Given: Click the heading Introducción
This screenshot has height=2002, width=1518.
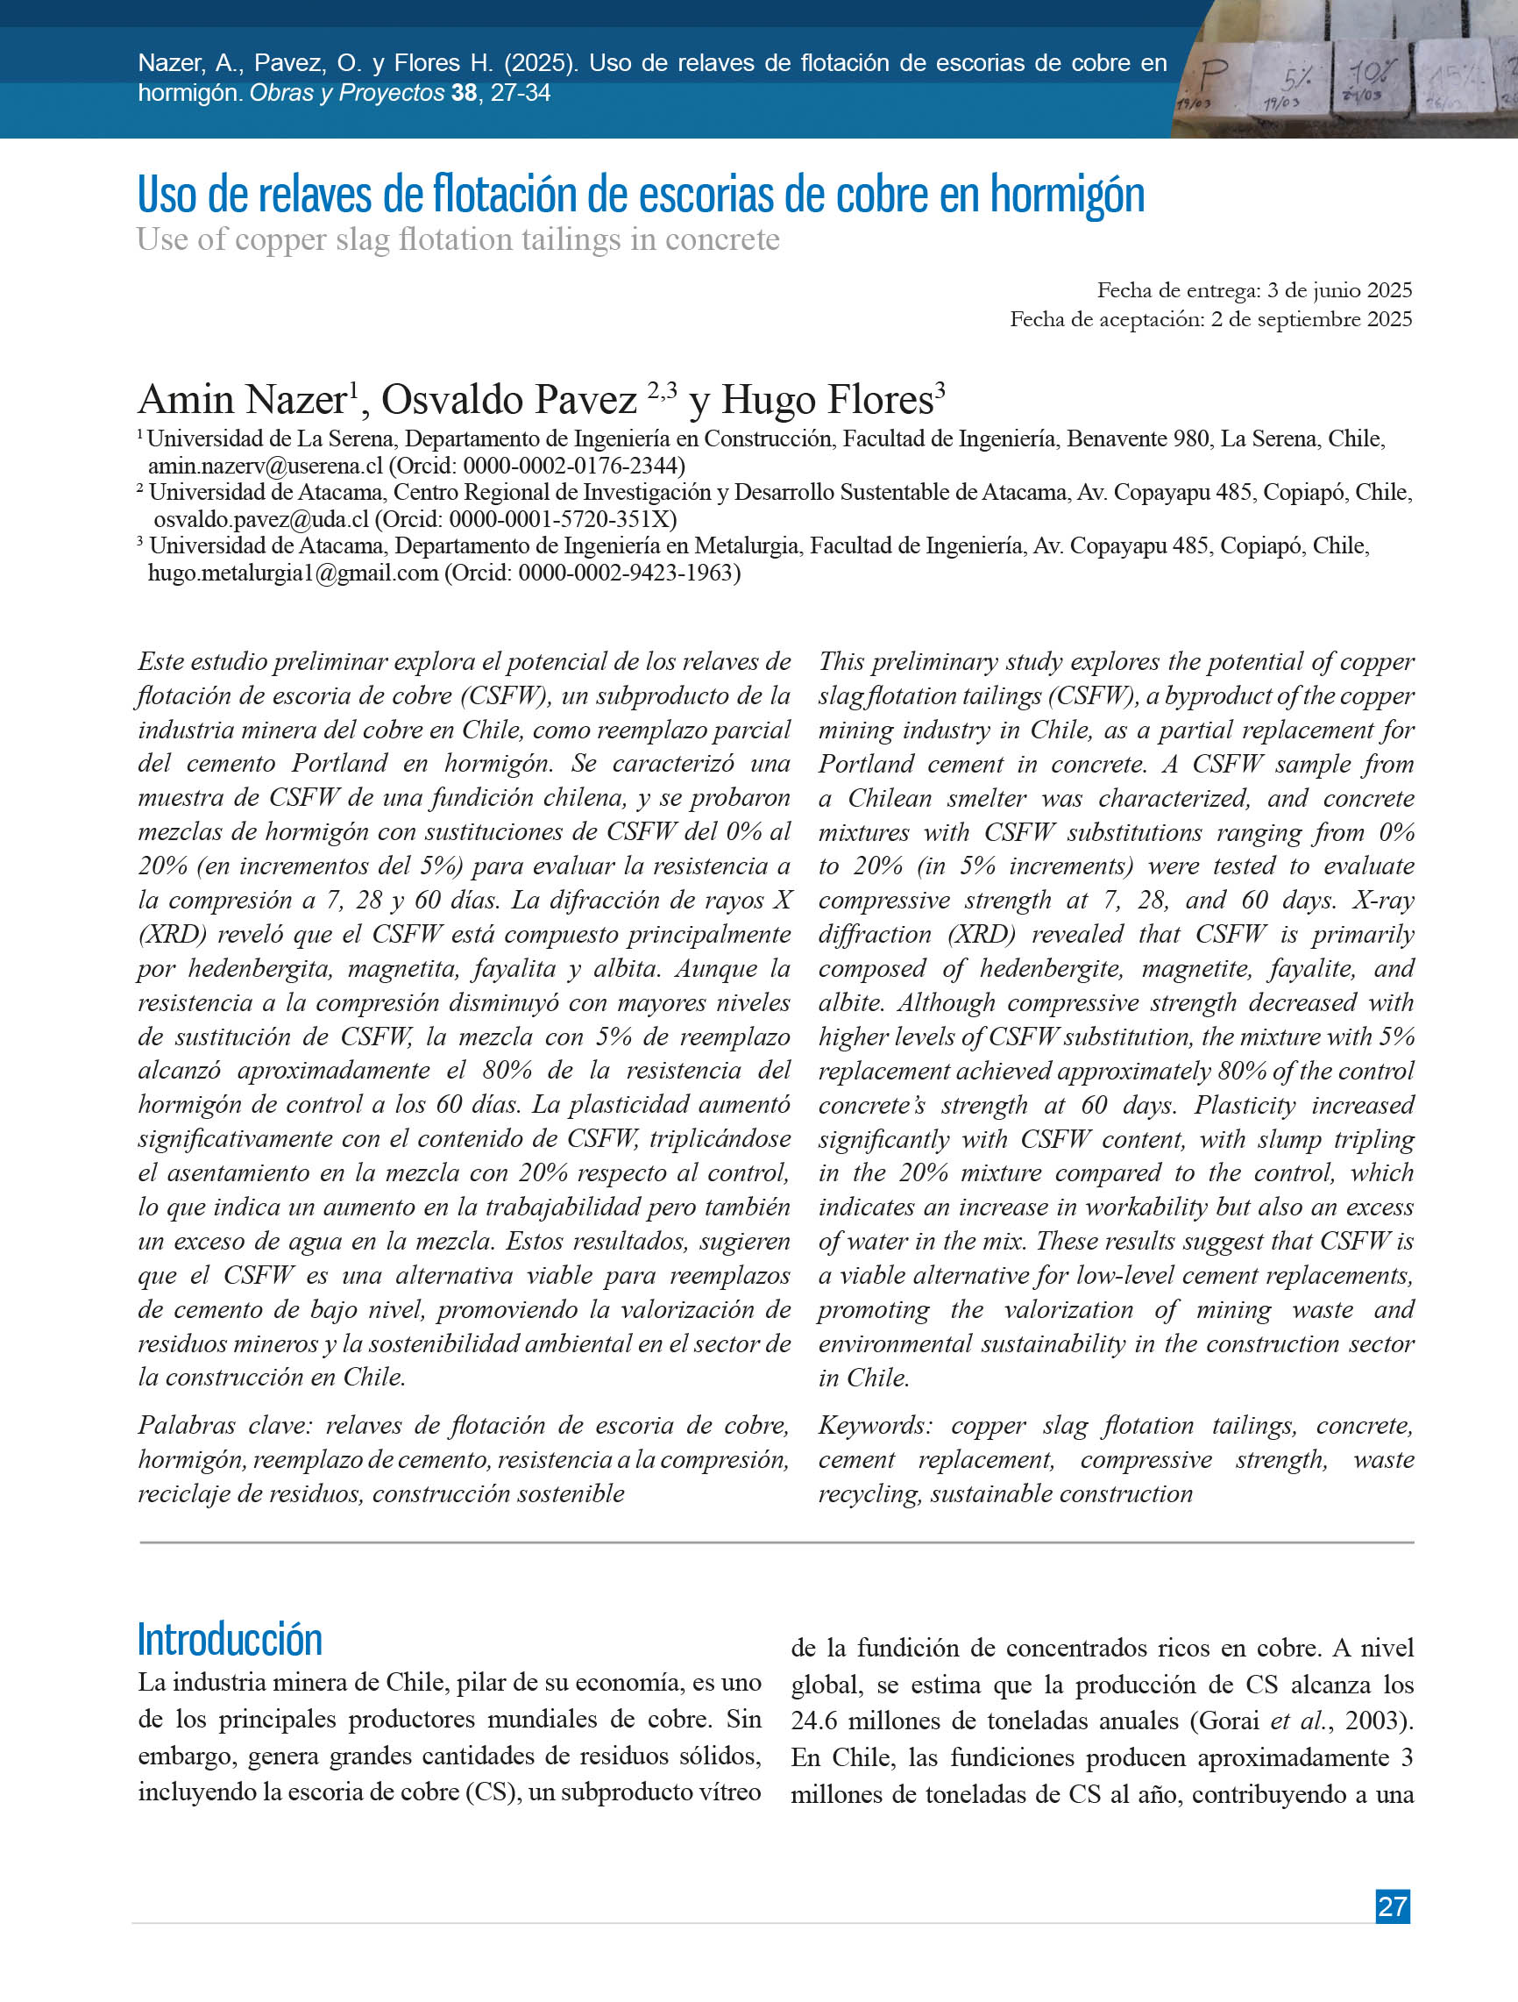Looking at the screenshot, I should tap(230, 1639).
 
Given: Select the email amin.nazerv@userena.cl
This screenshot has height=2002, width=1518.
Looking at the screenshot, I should tap(265, 467).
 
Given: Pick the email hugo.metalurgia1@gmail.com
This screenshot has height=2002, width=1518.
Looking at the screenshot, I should tap(292, 573).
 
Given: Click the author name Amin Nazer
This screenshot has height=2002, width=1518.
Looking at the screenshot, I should tap(243, 400).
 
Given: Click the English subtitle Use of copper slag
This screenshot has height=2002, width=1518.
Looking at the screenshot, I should tap(458, 240).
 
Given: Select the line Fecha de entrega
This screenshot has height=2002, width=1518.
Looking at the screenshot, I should tap(1254, 290).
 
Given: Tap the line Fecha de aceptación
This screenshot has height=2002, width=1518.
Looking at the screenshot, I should tap(1210, 319).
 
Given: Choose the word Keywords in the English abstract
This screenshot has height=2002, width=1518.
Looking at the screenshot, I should tap(874, 1426).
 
